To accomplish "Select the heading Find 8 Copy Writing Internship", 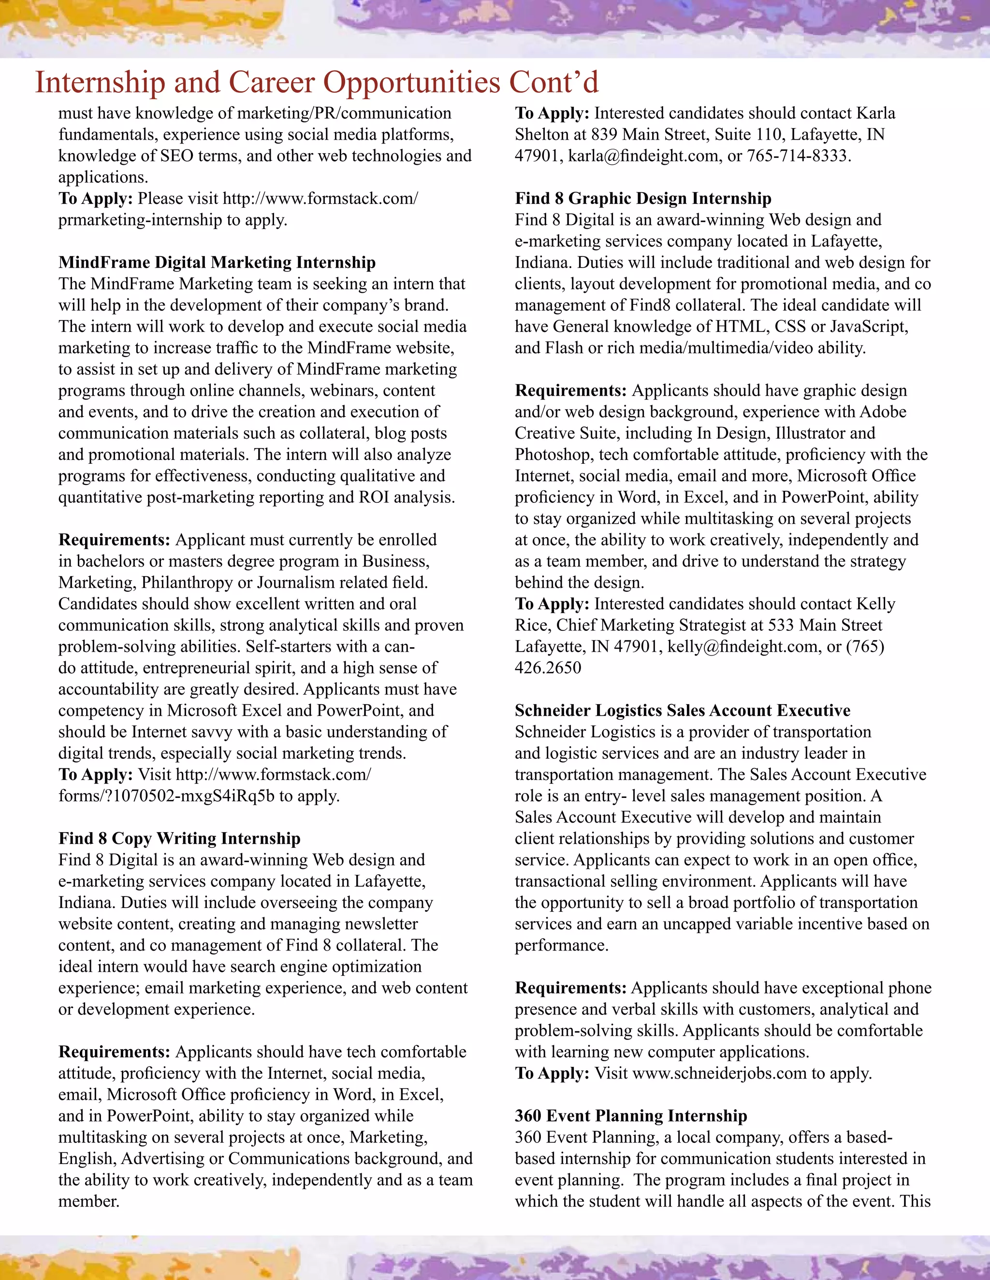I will tap(179, 838).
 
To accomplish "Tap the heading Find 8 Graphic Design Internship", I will tap(643, 198).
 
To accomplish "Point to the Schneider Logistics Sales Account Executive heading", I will tap(682, 711).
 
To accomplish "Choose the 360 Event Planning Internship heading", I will tap(630, 1115).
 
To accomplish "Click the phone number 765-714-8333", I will tap(797, 156).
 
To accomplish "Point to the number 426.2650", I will tap(548, 668).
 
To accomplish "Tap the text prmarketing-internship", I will tap(140, 220).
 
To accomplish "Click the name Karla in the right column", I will tap(875, 113).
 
